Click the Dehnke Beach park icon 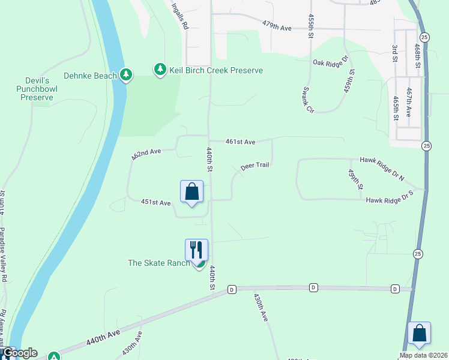point(125,74)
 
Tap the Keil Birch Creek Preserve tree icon point(160,70)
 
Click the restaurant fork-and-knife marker point(196,249)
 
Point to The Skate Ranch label point(158,263)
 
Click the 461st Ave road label point(241,142)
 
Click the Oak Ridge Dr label point(330,61)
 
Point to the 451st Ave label point(156,203)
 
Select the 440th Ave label point(103,337)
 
